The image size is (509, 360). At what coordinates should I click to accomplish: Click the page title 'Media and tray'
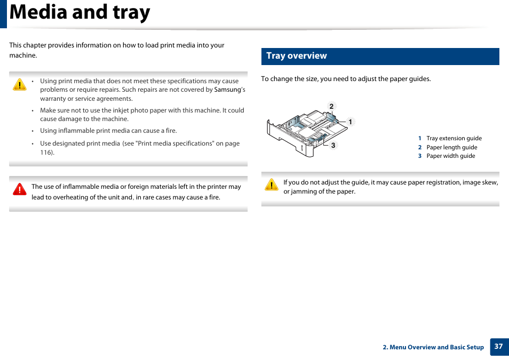80,12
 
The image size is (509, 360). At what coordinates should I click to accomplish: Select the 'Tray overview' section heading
297,56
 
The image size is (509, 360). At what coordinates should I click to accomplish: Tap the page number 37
498,346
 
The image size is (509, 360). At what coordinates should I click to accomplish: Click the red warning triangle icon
20,189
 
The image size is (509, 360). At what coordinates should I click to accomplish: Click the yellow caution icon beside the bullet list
20,84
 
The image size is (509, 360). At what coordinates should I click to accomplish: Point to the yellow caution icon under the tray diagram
272,185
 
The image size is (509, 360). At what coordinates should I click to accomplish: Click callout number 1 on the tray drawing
351,122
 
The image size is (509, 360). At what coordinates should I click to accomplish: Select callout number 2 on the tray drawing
331,107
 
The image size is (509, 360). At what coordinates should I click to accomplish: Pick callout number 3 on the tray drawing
333,145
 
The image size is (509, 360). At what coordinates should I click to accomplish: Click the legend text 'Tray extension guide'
454,138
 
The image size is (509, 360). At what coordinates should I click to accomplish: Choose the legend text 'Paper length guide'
452,147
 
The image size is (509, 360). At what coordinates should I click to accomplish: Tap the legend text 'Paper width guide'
451,156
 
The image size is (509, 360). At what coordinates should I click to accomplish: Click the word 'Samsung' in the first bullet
228,90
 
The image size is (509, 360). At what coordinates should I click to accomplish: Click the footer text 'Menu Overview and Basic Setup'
436,347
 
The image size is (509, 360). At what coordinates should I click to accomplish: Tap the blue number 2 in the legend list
420,147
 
